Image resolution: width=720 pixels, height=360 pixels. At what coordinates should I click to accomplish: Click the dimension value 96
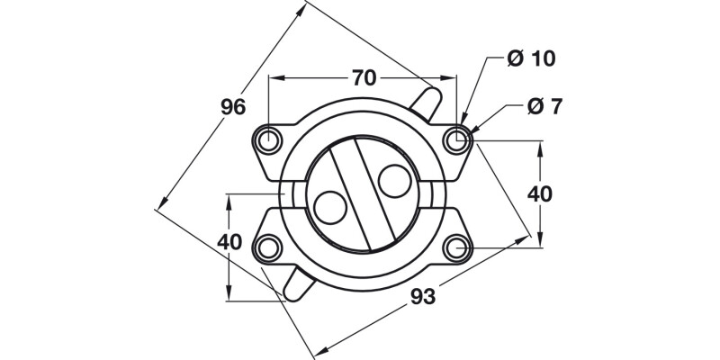coord(233,107)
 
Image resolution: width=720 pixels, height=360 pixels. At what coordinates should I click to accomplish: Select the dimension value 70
coord(363,77)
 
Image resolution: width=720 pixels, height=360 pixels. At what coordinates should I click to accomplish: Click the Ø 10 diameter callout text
coord(531,59)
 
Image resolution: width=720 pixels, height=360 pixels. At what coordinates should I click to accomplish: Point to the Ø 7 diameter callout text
coord(544,106)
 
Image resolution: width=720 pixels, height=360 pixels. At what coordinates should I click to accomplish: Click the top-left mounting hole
coord(267,139)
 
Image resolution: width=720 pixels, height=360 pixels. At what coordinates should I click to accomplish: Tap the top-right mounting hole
coord(458,139)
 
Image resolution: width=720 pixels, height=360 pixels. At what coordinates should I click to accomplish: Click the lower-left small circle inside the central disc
coord(330,207)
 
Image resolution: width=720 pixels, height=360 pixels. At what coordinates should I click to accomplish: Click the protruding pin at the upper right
coord(427,96)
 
